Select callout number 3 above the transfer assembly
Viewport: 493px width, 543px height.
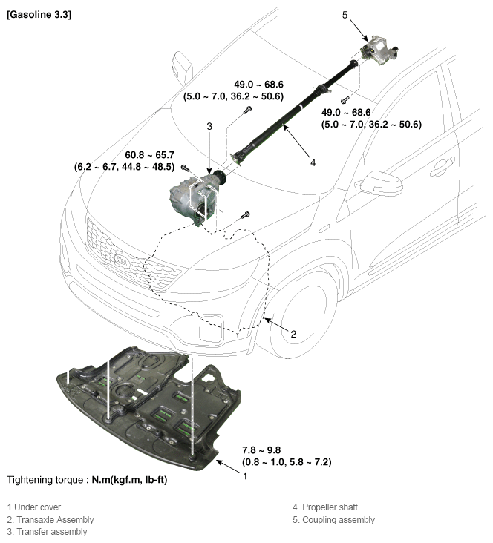tap(209, 127)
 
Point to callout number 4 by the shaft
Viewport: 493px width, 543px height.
tap(313, 161)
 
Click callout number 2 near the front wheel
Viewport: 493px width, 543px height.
tap(293, 334)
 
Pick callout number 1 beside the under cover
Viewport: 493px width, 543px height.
tap(245, 476)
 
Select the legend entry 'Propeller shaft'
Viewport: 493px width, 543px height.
tap(326, 507)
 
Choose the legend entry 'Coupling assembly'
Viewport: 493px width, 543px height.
tap(333, 519)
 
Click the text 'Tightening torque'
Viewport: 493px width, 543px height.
tap(46, 480)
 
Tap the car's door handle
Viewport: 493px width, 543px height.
tap(443, 165)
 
